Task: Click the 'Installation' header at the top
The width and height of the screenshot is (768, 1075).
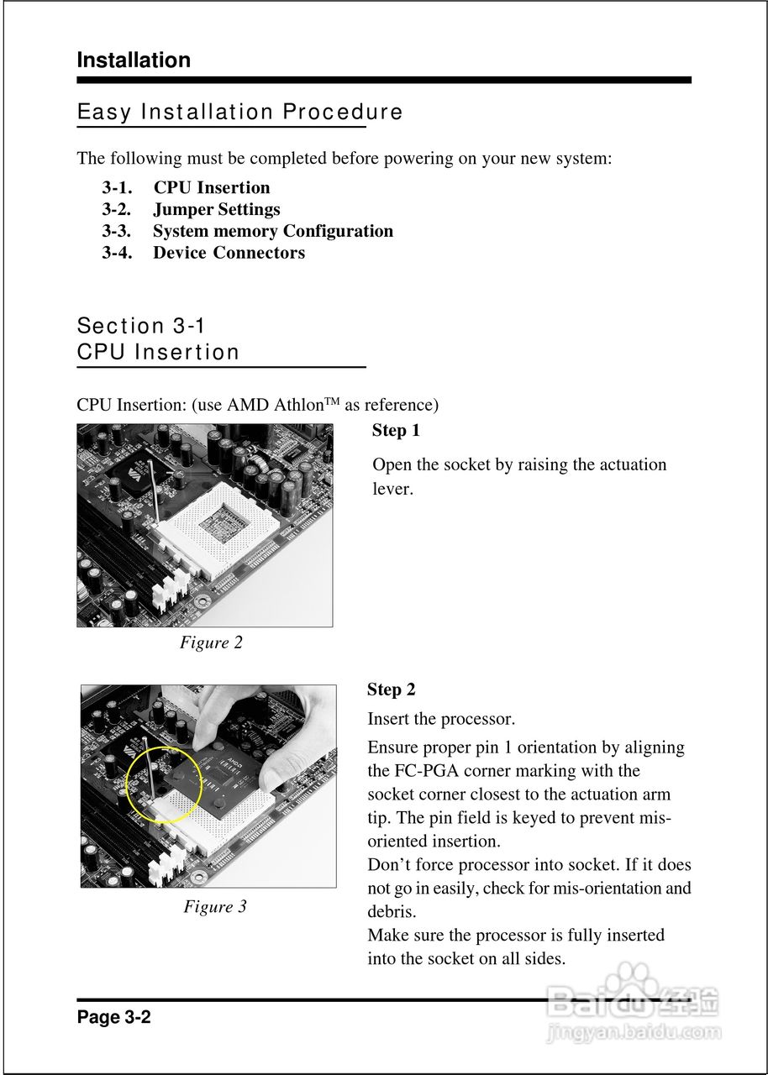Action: pos(134,60)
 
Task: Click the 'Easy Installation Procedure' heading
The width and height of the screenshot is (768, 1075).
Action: pos(239,112)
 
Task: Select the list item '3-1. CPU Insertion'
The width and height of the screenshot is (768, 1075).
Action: pos(187,187)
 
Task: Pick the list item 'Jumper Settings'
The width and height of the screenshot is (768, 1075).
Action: pos(217,209)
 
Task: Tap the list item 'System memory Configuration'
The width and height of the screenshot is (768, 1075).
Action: pos(273,231)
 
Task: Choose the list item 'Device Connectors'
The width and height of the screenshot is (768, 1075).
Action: pos(229,253)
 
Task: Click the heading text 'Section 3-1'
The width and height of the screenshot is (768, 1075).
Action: pos(141,326)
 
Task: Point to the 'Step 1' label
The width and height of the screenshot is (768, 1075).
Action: pos(396,431)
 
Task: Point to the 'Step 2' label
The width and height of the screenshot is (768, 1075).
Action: pos(392,690)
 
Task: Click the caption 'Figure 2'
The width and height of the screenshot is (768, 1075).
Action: pos(211,642)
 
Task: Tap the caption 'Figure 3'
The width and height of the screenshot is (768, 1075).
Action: pos(215,906)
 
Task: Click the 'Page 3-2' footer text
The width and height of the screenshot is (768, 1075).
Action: pos(113,1017)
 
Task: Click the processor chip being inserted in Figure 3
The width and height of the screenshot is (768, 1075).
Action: pos(220,777)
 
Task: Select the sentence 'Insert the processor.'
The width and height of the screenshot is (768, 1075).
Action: pos(441,719)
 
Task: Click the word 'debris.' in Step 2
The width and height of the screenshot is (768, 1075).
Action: pos(392,911)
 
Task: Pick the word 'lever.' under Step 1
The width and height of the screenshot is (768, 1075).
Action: pos(392,489)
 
